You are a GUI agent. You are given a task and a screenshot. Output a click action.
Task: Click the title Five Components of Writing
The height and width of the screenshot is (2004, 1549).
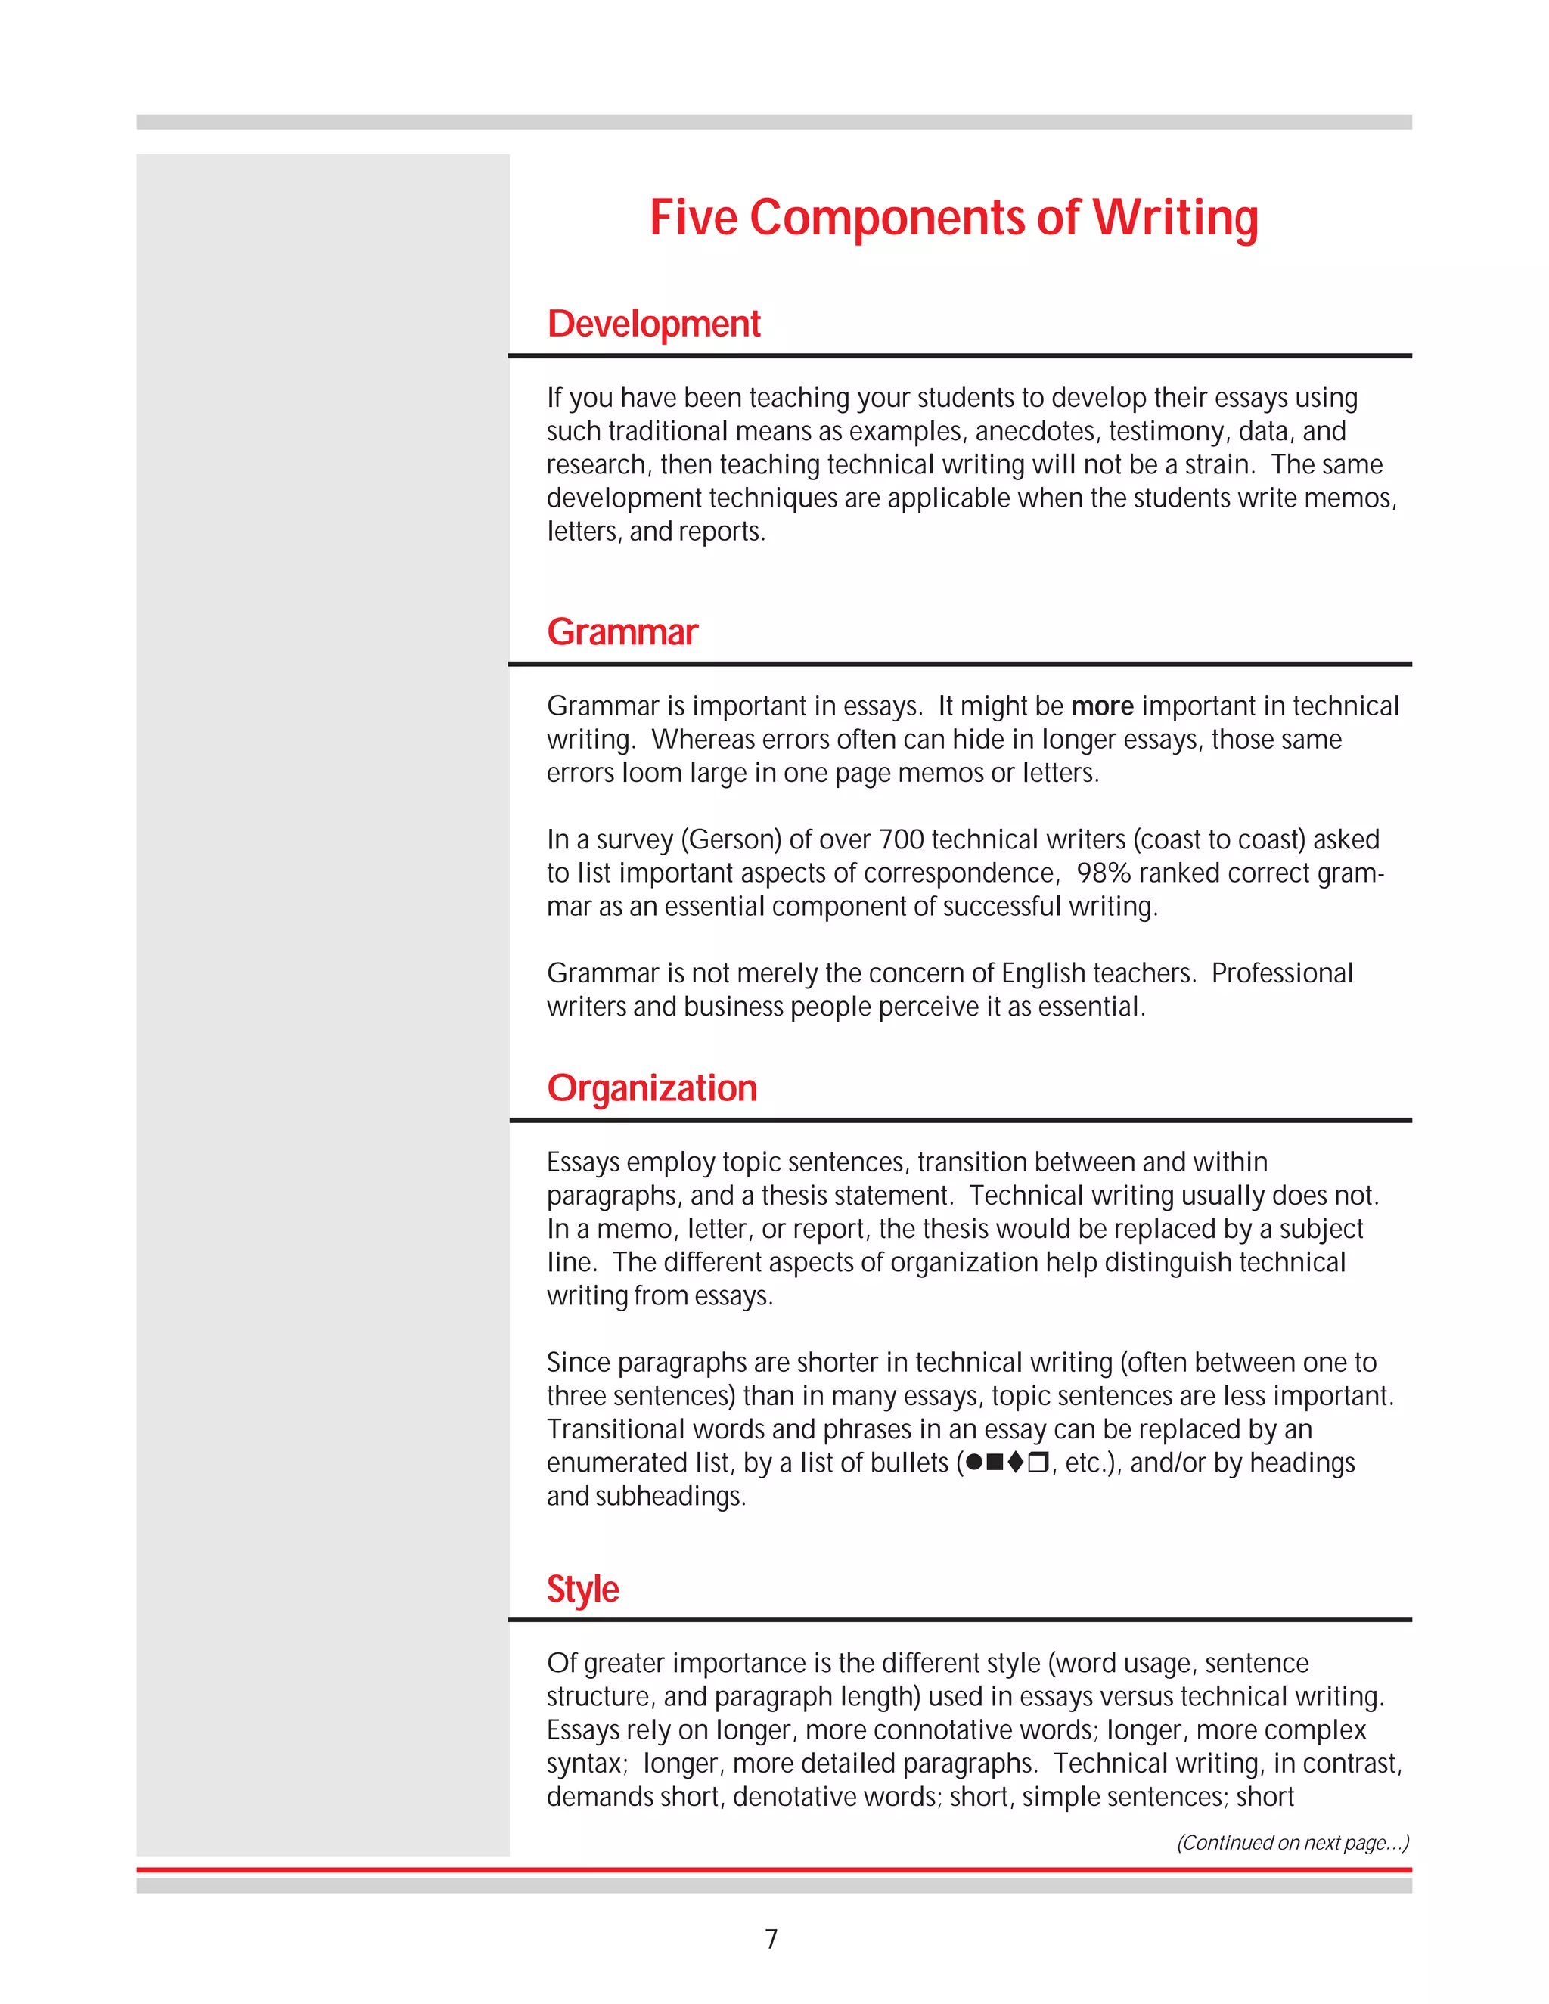[954, 219]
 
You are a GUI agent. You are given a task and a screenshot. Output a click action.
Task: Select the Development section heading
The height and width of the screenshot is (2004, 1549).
[653, 324]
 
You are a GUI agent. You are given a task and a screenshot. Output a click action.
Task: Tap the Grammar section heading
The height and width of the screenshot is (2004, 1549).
[622, 632]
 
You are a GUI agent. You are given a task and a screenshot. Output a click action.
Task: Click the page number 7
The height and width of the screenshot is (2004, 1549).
[771, 1939]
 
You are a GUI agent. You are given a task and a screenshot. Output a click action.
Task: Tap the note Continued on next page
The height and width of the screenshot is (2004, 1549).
[1292, 1842]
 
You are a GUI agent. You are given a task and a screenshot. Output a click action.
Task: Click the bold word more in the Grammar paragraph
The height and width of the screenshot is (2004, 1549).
[1102, 706]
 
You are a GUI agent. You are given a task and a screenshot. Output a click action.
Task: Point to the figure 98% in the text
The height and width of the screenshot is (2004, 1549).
[1104, 873]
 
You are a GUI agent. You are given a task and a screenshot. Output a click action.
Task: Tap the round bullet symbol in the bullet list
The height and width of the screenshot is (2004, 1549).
[974, 1462]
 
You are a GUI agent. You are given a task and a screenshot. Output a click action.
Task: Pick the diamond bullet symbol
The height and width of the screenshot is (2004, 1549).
[1015, 1462]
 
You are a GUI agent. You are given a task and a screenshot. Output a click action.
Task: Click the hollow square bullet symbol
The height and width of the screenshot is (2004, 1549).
[1037, 1462]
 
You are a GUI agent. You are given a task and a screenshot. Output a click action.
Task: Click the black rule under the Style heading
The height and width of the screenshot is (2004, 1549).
[959, 1620]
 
